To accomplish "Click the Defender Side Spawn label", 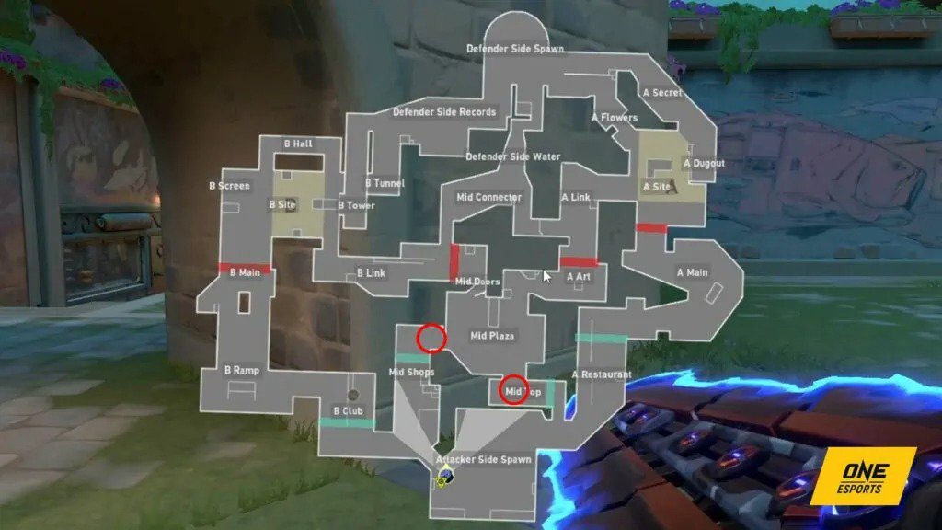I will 514,49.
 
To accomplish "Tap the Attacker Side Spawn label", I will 484,459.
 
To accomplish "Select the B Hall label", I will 297,144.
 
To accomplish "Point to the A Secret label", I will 662,93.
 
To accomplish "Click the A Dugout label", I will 704,164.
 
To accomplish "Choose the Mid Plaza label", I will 492,336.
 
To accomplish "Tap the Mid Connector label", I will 488,197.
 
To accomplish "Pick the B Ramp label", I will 242,371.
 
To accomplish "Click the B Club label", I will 348,410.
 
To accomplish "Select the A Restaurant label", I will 601,374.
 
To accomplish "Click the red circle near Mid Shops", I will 431,339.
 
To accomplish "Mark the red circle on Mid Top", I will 513,390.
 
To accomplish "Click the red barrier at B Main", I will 245,269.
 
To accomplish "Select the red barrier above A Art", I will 579,262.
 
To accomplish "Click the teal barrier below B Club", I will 347,422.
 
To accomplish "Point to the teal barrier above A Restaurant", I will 601,338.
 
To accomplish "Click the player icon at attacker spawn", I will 444,476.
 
